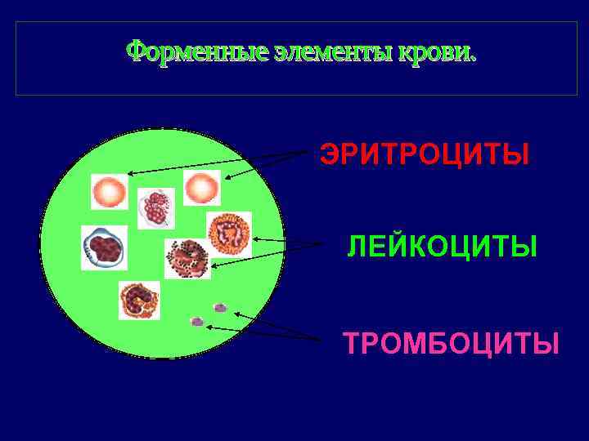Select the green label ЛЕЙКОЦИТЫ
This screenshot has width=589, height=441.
coord(442,246)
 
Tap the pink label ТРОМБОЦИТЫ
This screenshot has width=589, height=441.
coord(451,343)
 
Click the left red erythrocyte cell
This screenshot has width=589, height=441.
coord(109,192)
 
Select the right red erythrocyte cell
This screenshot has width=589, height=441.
coord(201,189)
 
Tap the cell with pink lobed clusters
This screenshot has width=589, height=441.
coord(155,209)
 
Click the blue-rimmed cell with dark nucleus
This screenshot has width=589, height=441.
coord(104,247)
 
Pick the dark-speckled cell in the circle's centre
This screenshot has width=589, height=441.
coord(187,259)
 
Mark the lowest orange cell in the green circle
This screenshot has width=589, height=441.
coord(138,300)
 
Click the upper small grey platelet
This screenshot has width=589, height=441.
coord(219,307)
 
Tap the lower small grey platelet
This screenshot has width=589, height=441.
coord(196,322)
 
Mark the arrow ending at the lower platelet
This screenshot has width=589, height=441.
coord(262,332)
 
